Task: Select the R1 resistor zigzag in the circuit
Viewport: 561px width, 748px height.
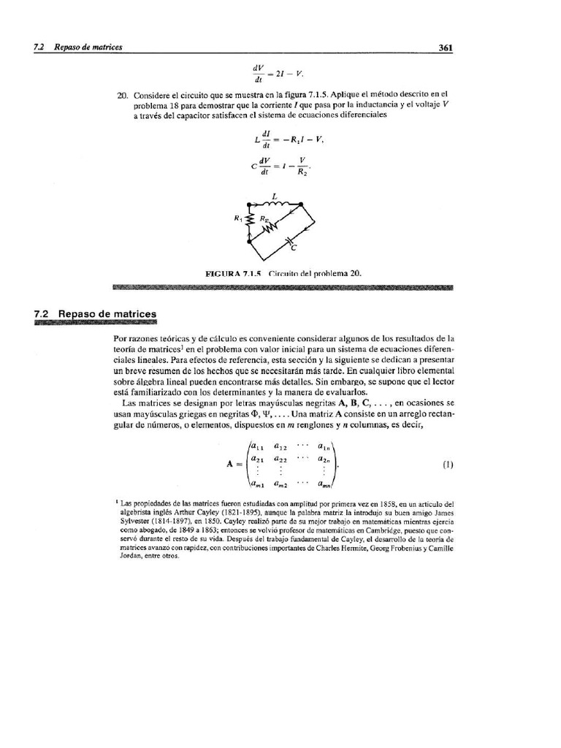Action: coord(251,220)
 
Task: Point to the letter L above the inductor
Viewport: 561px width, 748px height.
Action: coord(274,195)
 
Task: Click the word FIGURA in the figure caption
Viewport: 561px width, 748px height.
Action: coord(225,272)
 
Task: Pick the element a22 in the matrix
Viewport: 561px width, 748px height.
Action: coord(280,459)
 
